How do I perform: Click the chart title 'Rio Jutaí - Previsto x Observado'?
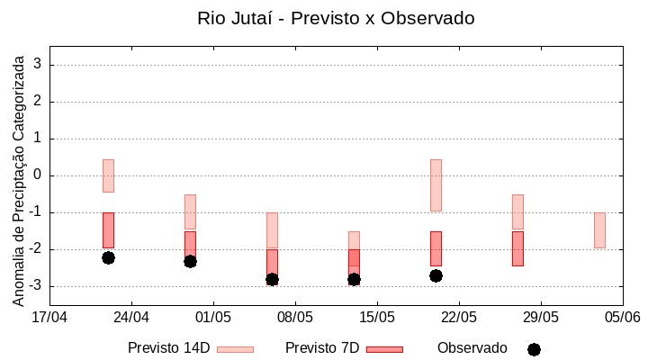click(336, 18)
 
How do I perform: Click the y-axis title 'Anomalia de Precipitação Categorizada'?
click(19, 177)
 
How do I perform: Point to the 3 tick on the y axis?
click(39, 65)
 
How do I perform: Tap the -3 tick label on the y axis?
click(36, 286)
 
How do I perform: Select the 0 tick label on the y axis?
click(39, 175)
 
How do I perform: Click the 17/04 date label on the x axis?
click(49, 317)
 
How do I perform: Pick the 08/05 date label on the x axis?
click(295, 317)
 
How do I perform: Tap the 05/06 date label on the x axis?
click(623, 317)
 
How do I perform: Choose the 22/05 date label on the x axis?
click(459, 317)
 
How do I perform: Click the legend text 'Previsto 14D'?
click(169, 348)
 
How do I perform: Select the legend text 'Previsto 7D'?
click(322, 348)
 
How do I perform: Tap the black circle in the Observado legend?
click(534, 349)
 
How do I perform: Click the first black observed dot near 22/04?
click(108, 257)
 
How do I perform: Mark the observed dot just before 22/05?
click(436, 275)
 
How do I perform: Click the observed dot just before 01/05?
click(190, 261)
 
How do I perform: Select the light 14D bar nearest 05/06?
click(599, 230)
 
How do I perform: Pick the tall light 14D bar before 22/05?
click(436, 184)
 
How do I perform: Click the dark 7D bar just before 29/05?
click(517, 248)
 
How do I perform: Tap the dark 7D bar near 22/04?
click(108, 230)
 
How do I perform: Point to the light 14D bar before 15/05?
click(354, 240)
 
